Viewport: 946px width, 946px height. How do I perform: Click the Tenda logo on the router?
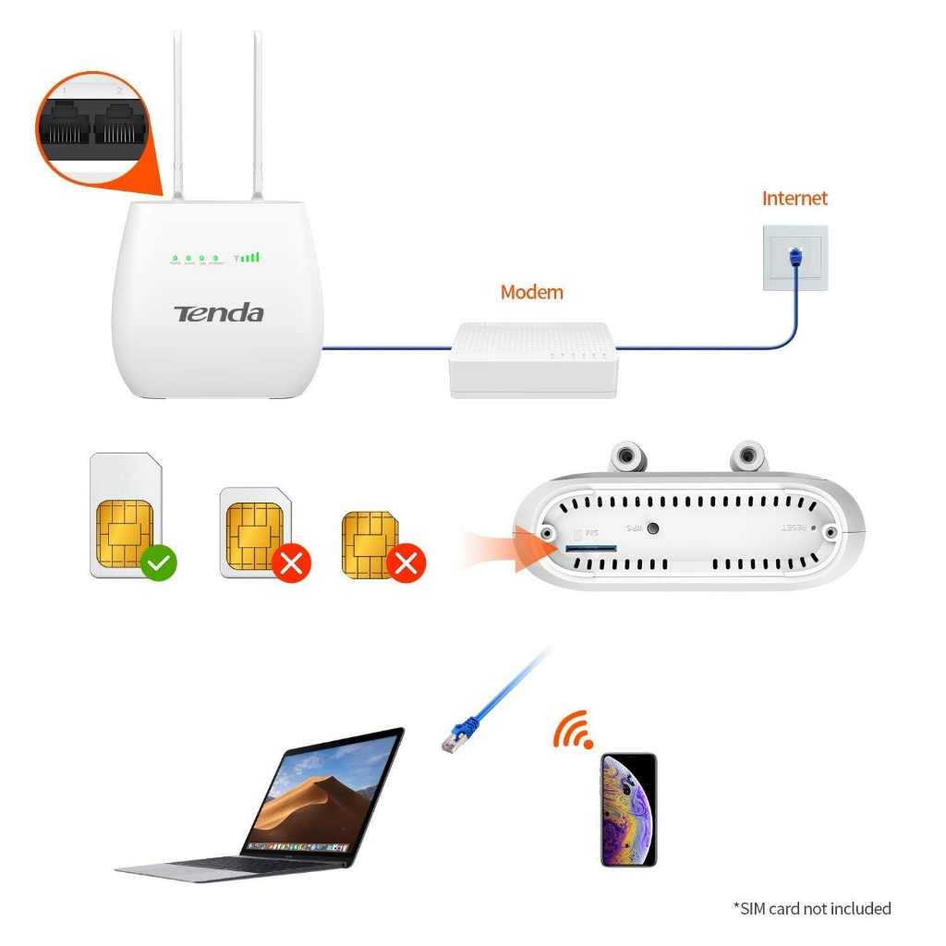[219, 313]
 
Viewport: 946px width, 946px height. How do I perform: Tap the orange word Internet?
[794, 198]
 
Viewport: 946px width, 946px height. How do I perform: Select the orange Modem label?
[531, 292]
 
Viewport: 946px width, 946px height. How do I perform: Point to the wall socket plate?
[795, 258]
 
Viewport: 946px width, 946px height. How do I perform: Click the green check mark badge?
[159, 562]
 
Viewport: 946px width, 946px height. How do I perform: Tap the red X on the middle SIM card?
[291, 564]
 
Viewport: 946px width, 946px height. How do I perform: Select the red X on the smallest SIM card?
[406, 563]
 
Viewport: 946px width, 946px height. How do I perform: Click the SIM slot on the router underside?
[589, 549]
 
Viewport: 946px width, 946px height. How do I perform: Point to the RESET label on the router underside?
[795, 528]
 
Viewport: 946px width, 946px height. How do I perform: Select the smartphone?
[628, 809]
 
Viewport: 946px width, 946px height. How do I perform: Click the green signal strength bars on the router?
[249, 257]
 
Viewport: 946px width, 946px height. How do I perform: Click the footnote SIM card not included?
[812, 908]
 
